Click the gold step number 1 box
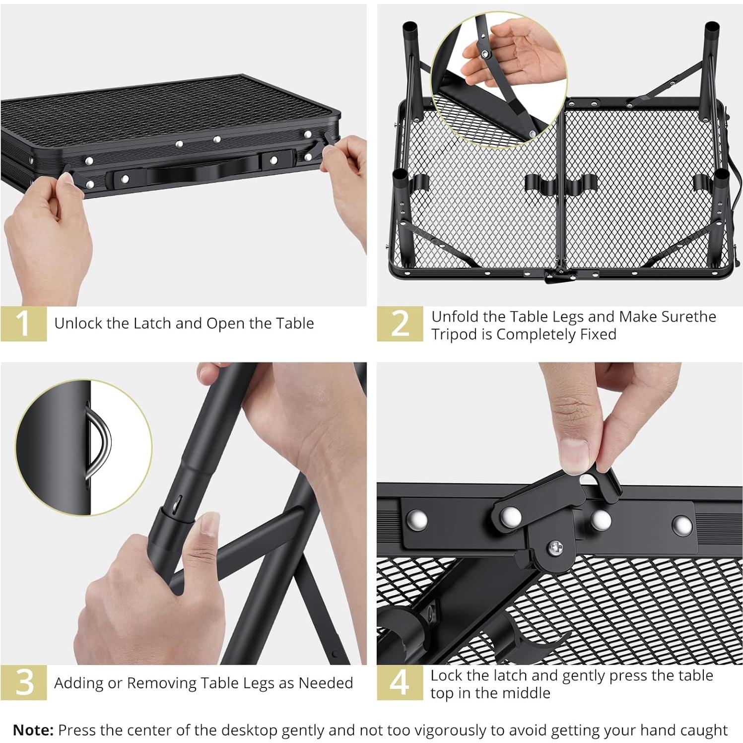point(24,324)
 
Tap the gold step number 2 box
point(400,324)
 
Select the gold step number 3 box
point(24,682)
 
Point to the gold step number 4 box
point(400,682)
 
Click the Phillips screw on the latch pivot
point(555,548)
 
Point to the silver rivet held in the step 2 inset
point(483,53)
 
